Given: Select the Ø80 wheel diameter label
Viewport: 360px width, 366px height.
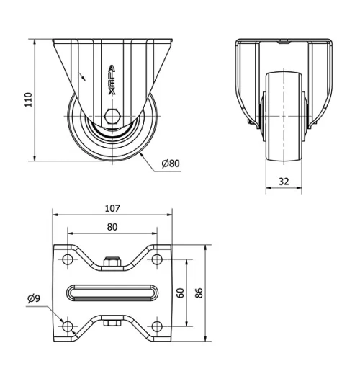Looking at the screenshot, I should click(171, 164).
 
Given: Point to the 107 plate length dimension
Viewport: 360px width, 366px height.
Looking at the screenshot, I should click(112, 208).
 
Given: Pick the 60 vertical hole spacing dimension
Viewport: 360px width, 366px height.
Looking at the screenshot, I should click(180, 293).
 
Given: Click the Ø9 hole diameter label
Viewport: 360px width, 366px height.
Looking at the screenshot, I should click(33, 298).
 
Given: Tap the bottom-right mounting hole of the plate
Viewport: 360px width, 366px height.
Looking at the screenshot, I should click(157, 326).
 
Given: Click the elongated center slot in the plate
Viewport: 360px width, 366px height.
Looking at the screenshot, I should click(112, 293).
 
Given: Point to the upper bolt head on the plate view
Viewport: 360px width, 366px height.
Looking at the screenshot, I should click(112, 264).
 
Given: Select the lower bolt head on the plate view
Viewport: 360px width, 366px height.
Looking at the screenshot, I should click(112, 321).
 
